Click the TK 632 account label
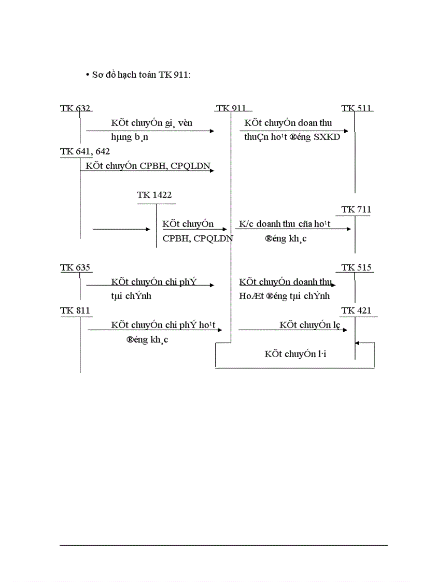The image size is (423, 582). point(75,108)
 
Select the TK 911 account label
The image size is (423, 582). point(231,108)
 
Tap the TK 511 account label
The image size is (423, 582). point(356,108)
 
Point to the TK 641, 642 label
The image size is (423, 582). point(85,151)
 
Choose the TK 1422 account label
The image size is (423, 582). point(154,195)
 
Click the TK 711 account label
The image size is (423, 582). point(356,209)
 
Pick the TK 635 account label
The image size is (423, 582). point(75,267)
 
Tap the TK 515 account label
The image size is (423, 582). point(357,267)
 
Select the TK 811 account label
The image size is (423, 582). point(75,310)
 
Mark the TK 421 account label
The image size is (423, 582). point(356,310)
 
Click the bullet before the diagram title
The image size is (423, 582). point(88,75)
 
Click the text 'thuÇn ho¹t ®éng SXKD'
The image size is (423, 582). point(292,137)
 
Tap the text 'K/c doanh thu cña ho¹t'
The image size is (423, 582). point(285,224)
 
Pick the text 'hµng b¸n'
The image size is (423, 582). point(130,137)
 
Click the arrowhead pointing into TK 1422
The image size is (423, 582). point(148,229)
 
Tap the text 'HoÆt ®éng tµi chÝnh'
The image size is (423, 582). point(284,296)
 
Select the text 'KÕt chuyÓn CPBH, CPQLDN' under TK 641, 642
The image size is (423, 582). point(148,166)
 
